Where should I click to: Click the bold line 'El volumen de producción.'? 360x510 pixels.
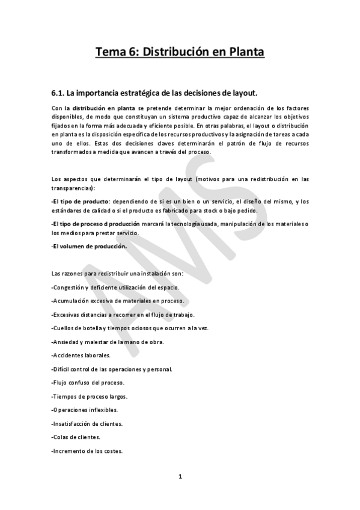coord(89,247)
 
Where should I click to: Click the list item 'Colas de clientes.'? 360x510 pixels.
coord(76,437)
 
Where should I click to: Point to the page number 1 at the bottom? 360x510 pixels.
coord(180,478)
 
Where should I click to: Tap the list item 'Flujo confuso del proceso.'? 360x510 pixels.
coord(88,382)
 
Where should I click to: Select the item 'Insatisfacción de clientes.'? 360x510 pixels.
coord(88,423)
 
